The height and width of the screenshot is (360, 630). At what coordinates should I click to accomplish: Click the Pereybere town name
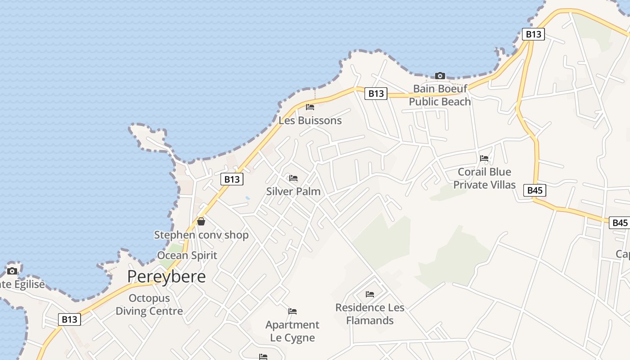(166, 276)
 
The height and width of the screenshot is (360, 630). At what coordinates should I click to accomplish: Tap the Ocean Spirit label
(187, 255)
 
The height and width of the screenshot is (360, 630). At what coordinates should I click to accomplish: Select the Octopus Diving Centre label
(149, 305)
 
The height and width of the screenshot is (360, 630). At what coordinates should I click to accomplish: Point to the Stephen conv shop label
(201, 235)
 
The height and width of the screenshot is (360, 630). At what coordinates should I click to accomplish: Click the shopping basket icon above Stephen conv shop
(201, 221)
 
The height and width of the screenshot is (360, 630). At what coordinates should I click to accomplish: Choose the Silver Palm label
(293, 191)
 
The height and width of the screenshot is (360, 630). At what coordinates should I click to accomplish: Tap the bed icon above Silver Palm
(293, 178)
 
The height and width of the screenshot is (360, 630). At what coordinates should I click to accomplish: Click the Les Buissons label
(310, 121)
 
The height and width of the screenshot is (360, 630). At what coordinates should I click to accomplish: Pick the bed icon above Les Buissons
(310, 107)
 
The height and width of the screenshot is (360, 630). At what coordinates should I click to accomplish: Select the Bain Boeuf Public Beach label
(440, 95)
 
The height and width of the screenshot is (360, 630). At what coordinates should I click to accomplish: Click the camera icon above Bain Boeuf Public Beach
(440, 76)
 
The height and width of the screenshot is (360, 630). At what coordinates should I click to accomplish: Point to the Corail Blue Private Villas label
(484, 178)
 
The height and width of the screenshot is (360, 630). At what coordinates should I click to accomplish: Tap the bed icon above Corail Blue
(484, 158)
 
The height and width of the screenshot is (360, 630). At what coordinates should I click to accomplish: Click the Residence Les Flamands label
(370, 314)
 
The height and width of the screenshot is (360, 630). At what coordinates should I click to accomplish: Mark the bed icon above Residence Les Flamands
(370, 295)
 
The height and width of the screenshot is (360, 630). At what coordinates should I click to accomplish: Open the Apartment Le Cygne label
(292, 331)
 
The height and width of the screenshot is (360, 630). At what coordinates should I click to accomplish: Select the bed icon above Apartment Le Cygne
(292, 311)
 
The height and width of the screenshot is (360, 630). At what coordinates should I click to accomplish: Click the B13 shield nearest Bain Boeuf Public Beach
(376, 93)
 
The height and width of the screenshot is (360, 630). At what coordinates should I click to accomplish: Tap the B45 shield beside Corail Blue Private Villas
(535, 190)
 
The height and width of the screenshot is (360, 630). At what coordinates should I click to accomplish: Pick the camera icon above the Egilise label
(12, 271)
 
